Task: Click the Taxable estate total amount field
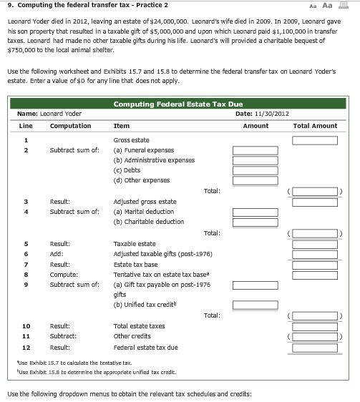click(314, 244)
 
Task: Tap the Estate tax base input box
click(314, 264)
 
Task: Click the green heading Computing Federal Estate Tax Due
click(177, 104)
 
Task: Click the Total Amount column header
click(315, 125)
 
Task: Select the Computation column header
click(70, 125)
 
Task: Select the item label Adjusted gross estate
click(145, 202)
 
